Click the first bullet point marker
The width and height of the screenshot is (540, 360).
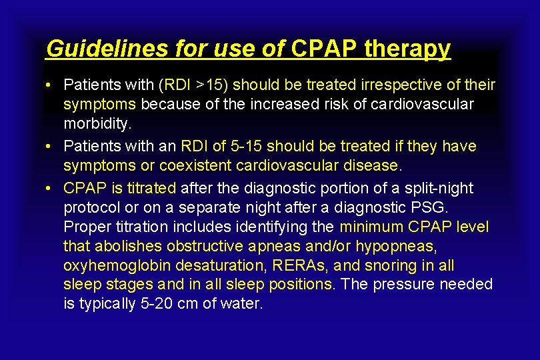[50, 85]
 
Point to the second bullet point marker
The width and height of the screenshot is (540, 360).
[50, 145]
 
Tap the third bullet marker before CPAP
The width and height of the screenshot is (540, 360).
[50, 188]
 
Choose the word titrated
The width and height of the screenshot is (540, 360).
[150, 188]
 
